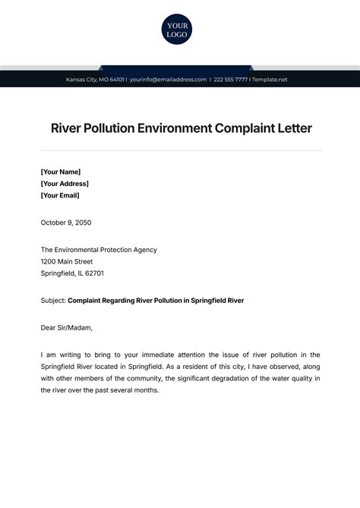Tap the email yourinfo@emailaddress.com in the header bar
(x=168, y=80)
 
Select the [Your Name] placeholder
(x=61, y=172)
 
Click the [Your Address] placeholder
(x=65, y=183)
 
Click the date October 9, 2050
(x=66, y=222)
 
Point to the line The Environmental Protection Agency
(x=99, y=249)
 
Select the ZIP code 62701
(x=94, y=273)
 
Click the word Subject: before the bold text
(x=53, y=300)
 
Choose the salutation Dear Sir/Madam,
(x=67, y=327)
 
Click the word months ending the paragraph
(x=145, y=390)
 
